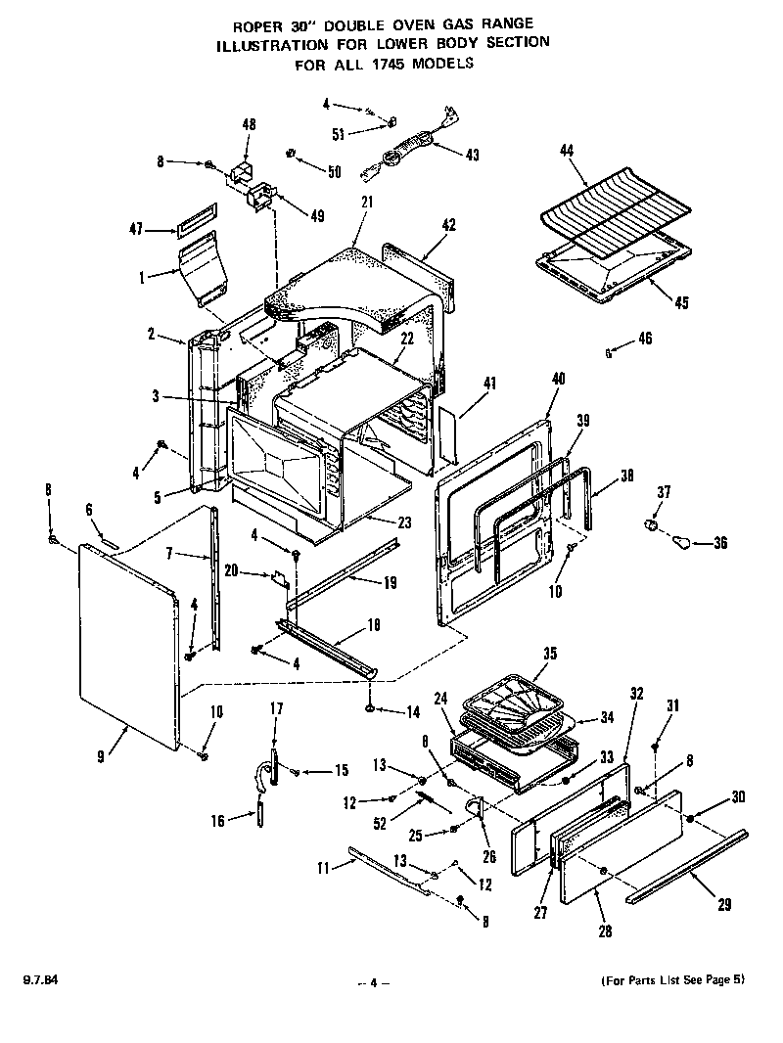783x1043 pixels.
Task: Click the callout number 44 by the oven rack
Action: click(x=565, y=150)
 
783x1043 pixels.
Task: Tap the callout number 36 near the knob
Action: click(x=720, y=544)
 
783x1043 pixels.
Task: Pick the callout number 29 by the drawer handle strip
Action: click(x=723, y=905)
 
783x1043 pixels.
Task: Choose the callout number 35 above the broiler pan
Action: click(x=549, y=653)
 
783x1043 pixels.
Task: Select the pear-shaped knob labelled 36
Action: click(x=685, y=540)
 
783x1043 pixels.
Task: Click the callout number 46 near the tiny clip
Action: click(x=643, y=339)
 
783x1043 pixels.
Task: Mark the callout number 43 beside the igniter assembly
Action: click(x=473, y=155)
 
